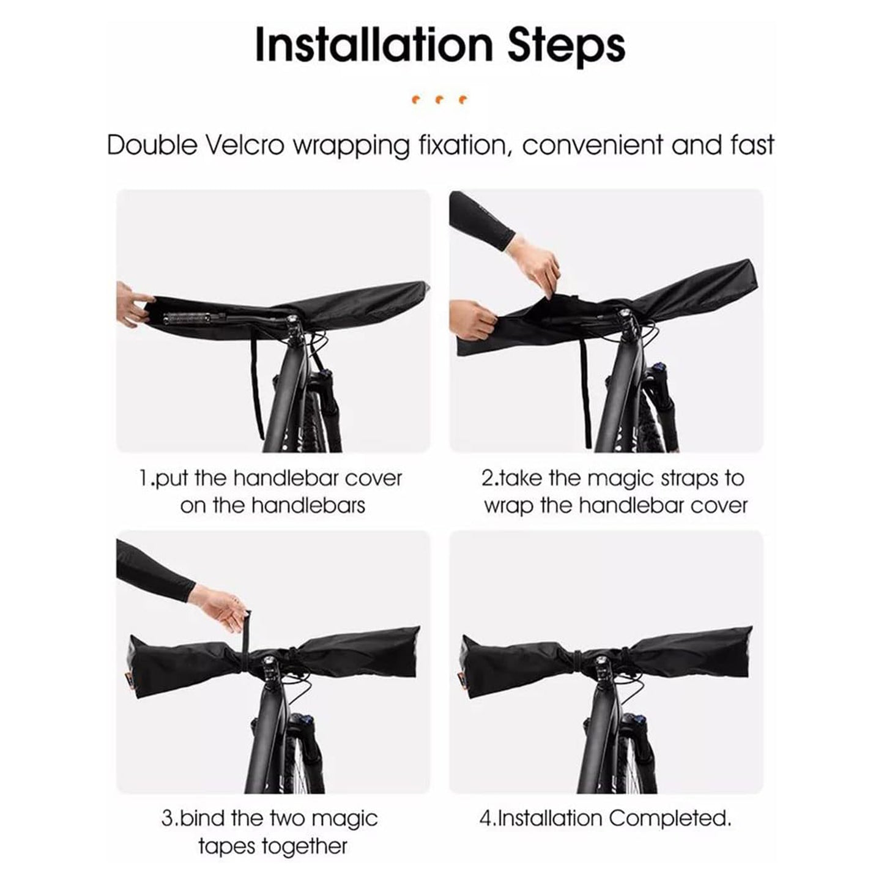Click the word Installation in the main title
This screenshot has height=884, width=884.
(374, 45)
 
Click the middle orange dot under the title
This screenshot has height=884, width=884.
(439, 100)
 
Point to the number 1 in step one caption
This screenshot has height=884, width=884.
(143, 478)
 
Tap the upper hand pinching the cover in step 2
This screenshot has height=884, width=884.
(538, 263)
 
